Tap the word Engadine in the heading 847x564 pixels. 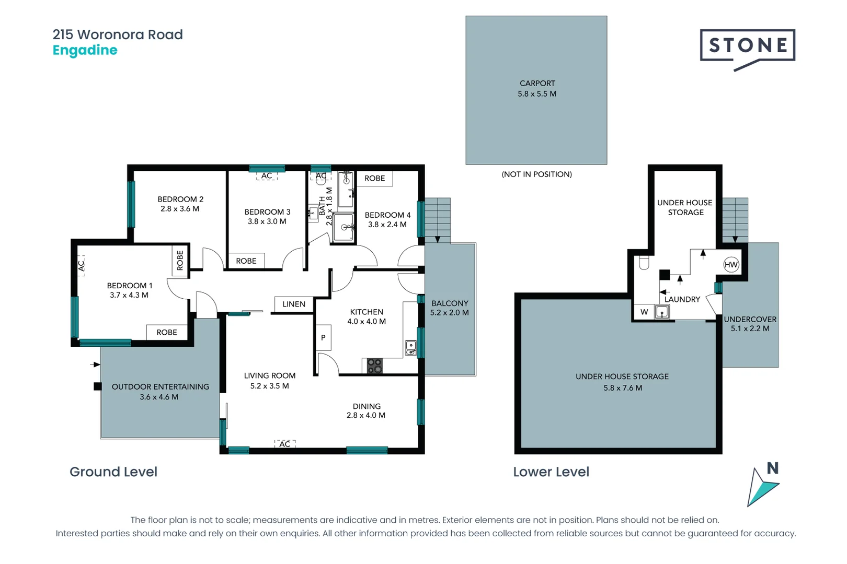pyautogui.click(x=85, y=50)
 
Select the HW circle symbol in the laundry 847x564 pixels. pyautogui.click(x=731, y=264)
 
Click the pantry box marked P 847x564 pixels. pyautogui.click(x=323, y=338)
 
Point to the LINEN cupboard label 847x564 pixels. pyautogui.click(x=294, y=304)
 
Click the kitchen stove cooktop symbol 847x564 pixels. pyautogui.click(x=374, y=366)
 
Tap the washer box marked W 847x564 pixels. pyautogui.click(x=644, y=312)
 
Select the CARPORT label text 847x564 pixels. pyautogui.click(x=537, y=83)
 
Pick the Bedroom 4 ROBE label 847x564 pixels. pyautogui.click(x=374, y=178)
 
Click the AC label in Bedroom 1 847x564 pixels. pyautogui.click(x=81, y=265)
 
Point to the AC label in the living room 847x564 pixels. pyautogui.click(x=285, y=444)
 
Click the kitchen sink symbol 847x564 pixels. pyautogui.click(x=411, y=347)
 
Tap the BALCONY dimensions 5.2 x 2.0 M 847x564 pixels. pyautogui.click(x=449, y=313)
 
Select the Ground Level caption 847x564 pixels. pyautogui.click(x=113, y=472)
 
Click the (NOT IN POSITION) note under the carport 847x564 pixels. pyautogui.click(x=536, y=174)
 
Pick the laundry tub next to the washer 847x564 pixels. pyautogui.click(x=662, y=312)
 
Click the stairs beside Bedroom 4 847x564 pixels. pyautogui.click(x=438, y=219)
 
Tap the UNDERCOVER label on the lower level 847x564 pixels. pyautogui.click(x=750, y=319)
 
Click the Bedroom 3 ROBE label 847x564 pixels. pyautogui.click(x=246, y=261)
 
